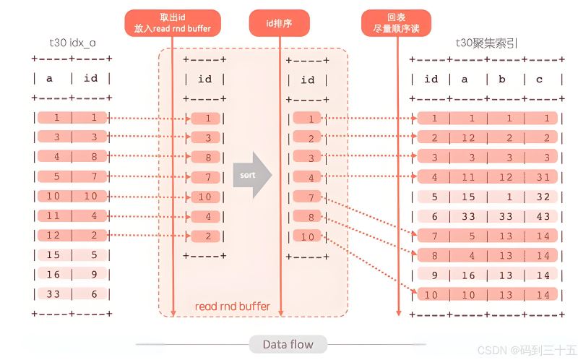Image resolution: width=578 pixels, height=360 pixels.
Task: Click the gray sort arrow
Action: tap(252, 175)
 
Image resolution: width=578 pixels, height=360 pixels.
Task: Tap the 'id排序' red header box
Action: tap(279, 23)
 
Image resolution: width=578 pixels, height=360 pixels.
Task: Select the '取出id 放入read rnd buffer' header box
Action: tap(173, 23)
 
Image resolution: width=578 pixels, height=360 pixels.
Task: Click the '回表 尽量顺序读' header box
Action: tap(396, 23)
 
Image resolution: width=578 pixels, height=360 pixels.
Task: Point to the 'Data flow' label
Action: tap(288, 345)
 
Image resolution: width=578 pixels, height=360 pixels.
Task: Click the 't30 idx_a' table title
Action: tap(73, 43)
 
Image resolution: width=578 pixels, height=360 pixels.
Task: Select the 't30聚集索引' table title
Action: tap(486, 43)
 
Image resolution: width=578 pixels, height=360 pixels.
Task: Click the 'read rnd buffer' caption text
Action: tap(232, 307)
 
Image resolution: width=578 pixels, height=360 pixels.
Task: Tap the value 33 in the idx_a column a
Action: tap(53, 294)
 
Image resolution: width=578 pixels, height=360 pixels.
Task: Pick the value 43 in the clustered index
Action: tap(543, 217)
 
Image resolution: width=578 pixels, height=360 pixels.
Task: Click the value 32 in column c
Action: tap(543, 197)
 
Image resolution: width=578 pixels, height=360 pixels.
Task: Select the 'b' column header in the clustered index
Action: tap(502, 80)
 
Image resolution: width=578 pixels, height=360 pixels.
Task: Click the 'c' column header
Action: tap(539, 80)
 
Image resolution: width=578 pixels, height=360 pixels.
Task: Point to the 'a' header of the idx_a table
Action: tap(49, 79)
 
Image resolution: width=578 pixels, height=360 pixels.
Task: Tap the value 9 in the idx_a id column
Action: tap(95, 275)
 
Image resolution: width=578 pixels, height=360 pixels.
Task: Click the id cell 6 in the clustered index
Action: tap(435, 217)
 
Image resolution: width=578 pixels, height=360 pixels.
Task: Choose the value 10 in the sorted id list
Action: tap(308, 237)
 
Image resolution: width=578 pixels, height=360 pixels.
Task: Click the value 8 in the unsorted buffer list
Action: tap(208, 158)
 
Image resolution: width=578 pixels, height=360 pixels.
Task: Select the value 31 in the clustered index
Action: tap(543, 177)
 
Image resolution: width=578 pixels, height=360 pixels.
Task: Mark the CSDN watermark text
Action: tap(527, 349)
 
